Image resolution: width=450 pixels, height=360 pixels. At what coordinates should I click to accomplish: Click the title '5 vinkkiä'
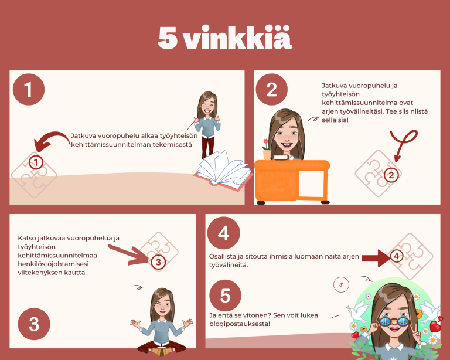[x=225, y=38]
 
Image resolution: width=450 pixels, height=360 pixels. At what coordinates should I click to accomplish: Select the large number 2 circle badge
[x=271, y=89]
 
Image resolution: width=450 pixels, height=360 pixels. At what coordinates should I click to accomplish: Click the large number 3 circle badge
[x=35, y=324]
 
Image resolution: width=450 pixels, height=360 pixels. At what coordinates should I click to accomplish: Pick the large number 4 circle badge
[x=223, y=233]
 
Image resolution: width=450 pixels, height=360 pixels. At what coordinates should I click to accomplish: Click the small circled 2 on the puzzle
[x=391, y=174]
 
